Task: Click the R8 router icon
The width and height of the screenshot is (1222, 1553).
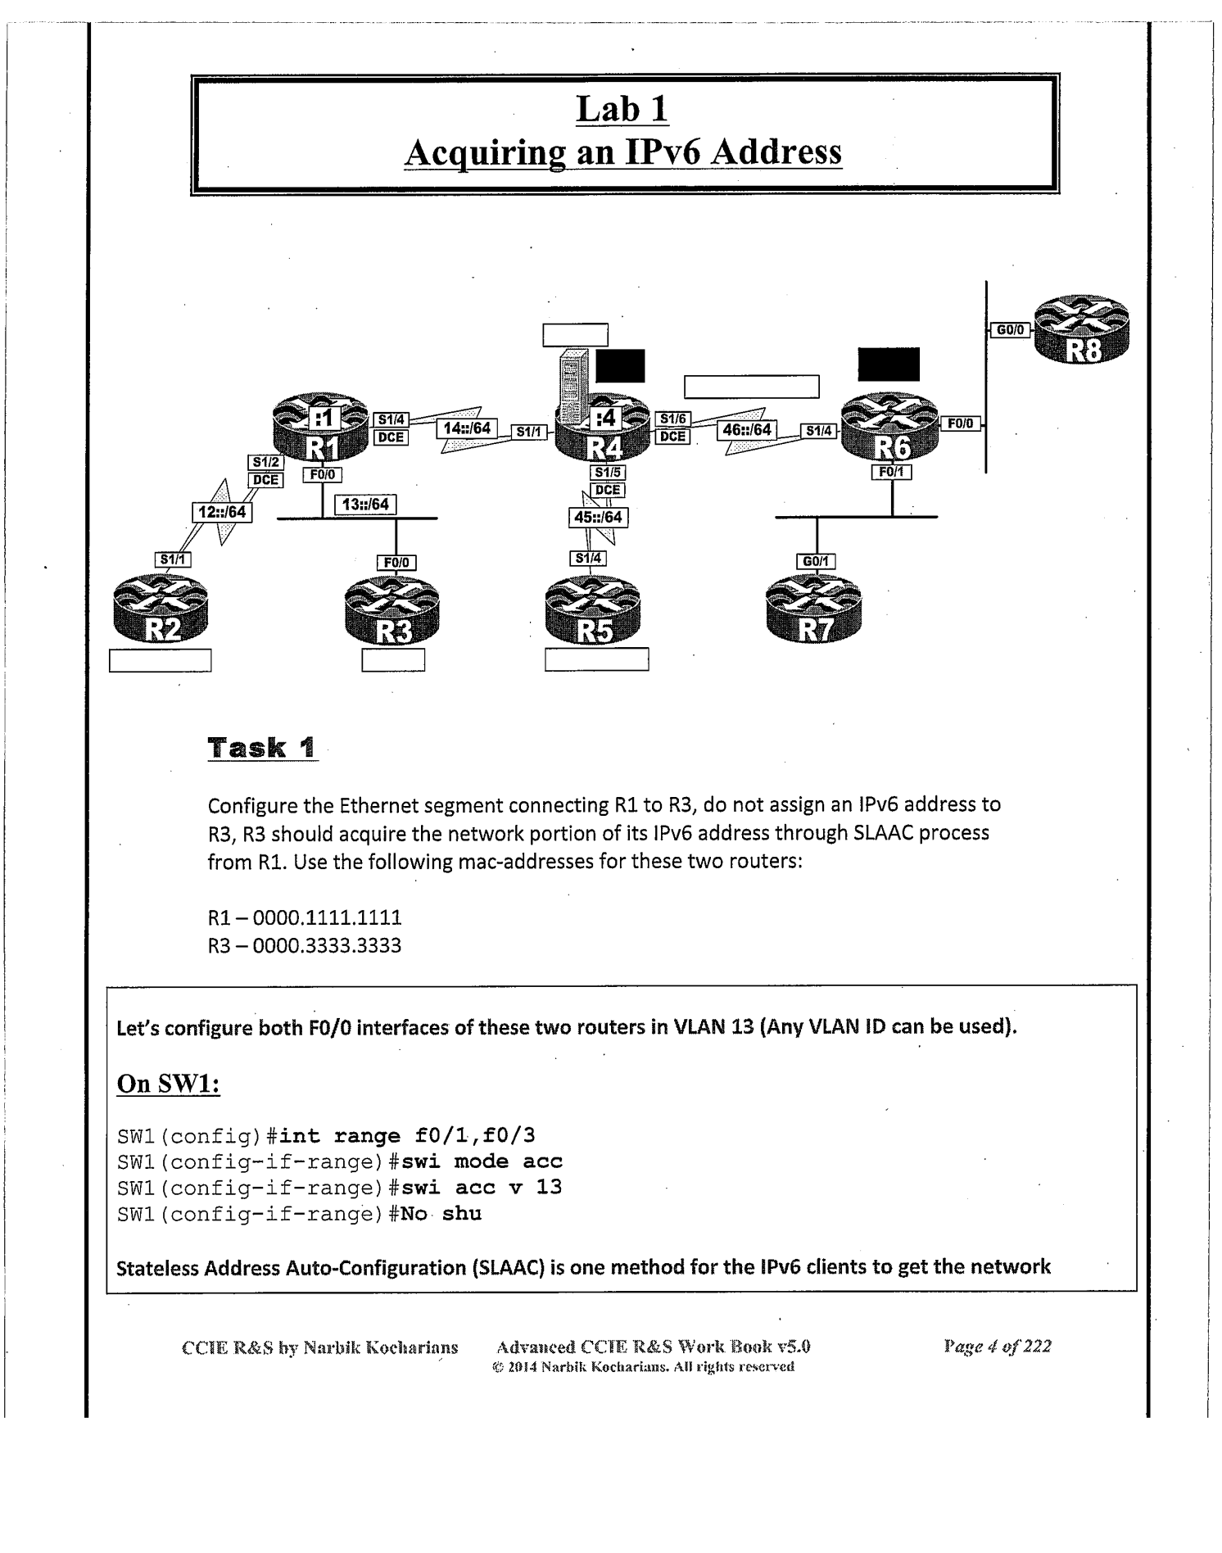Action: (1081, 329)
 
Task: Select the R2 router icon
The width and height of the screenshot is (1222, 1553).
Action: (161, 611)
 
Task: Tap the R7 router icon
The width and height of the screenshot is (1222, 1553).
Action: (813, 610)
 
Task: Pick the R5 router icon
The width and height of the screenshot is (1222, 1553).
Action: (593, 611)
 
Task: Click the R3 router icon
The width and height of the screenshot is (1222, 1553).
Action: (392, 613)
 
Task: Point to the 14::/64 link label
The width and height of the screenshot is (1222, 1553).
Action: (466, 428)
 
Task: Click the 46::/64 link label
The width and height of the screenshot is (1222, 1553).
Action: (747, 429)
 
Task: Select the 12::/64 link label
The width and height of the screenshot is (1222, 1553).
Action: (222, 512)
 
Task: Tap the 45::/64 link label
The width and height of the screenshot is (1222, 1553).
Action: (598, 518)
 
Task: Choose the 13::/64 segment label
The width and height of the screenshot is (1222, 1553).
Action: (365, 505)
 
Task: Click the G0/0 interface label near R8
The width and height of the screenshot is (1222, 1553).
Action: (1010, 330)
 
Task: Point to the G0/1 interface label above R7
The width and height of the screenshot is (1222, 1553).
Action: (816, 561)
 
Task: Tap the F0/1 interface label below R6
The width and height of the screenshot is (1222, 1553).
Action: (891, 472)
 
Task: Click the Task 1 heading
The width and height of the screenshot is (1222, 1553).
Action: (261, 747)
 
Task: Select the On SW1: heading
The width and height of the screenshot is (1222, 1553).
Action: (169, 1083)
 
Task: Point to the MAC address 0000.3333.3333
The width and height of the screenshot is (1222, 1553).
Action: (327, 946)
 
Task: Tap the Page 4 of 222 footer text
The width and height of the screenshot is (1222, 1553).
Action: (997, 1346)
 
